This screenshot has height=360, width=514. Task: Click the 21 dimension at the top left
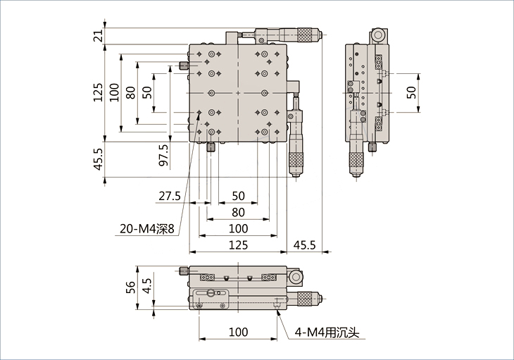(x=99, y=35)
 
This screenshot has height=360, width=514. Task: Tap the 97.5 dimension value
(x=163, y=156)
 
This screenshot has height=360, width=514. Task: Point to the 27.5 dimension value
(x=170, y=196)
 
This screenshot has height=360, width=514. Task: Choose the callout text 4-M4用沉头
(x=327, y=332)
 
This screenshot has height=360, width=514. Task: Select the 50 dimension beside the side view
(x=412, y=92)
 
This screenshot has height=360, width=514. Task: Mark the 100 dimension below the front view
(x=239, y=332)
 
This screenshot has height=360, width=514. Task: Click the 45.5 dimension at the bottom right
(x=304, y=244)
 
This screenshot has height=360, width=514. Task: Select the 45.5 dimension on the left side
(x=99, y=159)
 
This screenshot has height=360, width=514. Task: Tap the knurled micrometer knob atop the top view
(x=308, y=34)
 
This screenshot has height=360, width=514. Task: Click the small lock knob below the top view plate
(x=211, y=147)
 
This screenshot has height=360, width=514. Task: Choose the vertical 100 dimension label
(x=114, y=92)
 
